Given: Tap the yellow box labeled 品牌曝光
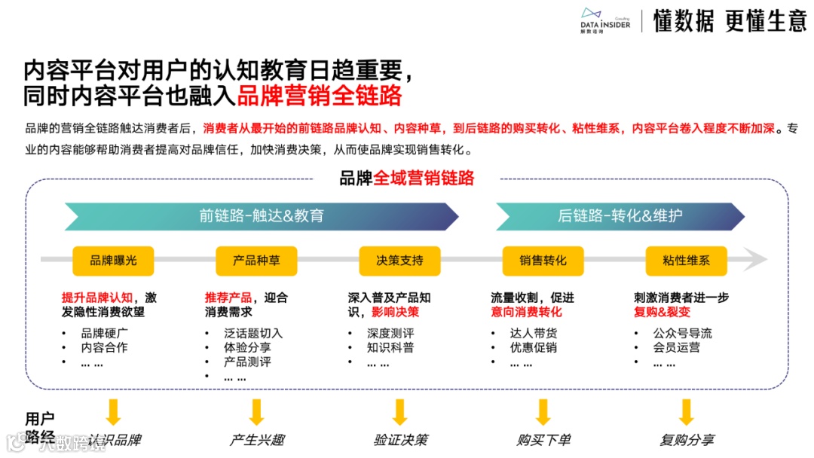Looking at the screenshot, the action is point(113,261).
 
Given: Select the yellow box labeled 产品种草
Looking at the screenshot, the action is point(256,261).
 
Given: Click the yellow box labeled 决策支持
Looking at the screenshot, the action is point(399,261).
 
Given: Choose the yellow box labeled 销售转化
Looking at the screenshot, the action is point(543,261).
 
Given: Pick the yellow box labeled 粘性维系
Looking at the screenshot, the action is point(686,261).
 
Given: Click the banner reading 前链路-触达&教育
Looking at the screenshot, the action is point(261,216).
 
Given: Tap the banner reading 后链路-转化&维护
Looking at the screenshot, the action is point(620,216).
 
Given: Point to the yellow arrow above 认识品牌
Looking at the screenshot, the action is point(113,412).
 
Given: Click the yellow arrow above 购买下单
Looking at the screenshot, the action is point(543,412).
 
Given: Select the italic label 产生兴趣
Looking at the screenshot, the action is point(257,440).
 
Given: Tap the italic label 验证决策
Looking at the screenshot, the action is point(400,440).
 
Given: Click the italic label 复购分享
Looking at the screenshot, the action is point(687,440).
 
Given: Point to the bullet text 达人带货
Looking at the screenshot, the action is point(534,333).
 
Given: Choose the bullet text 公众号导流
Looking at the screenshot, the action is point(683,333).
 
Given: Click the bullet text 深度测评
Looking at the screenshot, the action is point(390,333).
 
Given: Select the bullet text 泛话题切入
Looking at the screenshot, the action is point(253,333).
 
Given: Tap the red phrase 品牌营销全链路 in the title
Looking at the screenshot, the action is point(320,96).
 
